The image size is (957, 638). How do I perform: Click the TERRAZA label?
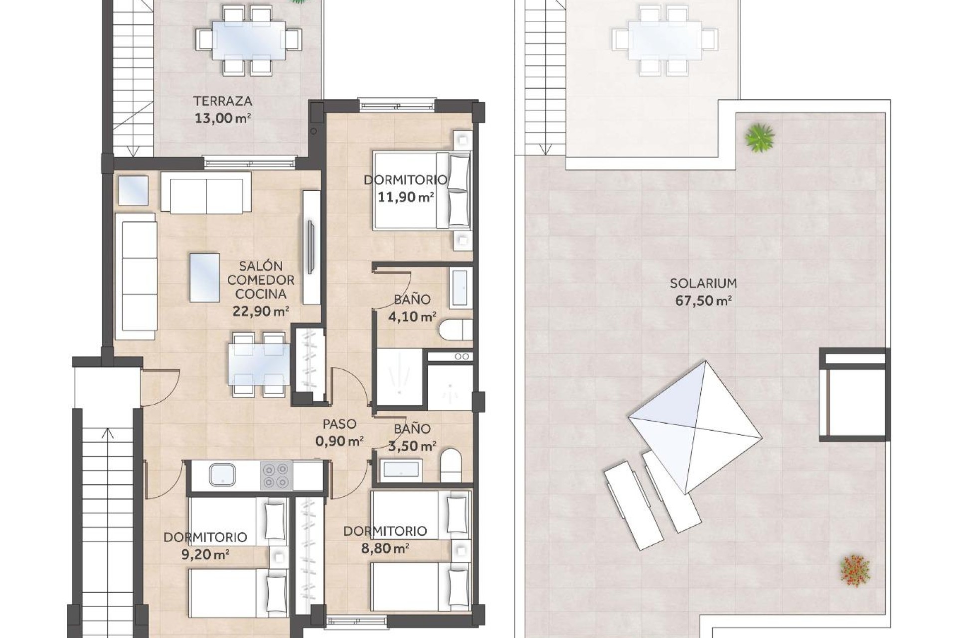coord(222,101)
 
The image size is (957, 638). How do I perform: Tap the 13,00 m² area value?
coord(222,119)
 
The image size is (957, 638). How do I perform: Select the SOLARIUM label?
coord(703,284)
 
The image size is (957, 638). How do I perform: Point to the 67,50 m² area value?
coord(703,301)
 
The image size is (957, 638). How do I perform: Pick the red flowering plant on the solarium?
coord(855,570)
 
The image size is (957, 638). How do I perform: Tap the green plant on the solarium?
coord(760,137)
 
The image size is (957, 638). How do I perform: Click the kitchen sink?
coord(222,475)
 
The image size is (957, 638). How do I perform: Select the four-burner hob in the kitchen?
coord(276,475)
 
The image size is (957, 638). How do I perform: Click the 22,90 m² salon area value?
coord(260,312)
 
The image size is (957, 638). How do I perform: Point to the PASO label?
coord(339,424)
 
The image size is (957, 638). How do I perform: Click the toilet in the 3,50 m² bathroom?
coord(451,465)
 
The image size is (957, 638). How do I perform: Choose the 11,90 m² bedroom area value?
coord(405,197)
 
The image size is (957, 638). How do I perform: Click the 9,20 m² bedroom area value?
coord(205,554)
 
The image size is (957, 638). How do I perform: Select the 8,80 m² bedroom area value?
coord(385,549)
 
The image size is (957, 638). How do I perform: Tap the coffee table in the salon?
coord(204,277)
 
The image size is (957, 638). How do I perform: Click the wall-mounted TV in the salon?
coord(310,247)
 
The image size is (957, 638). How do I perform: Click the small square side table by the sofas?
coord(134,190)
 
